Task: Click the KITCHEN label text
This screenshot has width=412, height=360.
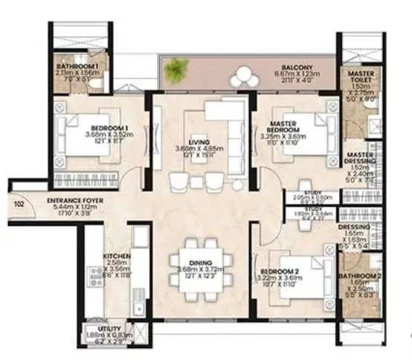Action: coord(116,255)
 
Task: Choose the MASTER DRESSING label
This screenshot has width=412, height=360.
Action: coord(359,158)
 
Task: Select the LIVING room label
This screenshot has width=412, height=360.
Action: coord(199,141)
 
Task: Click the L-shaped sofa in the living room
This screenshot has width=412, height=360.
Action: coord(223,123)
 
